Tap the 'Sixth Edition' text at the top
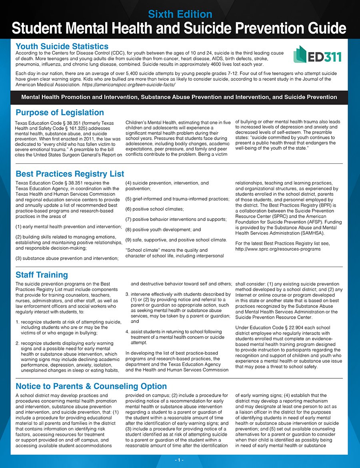click(x=180, y=14)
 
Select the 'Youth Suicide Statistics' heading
click(x=62, y=46)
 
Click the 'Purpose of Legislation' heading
click(x=60, y=112)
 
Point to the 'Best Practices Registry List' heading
click(x=70, y=174)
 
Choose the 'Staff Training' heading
click(x=42, y=275)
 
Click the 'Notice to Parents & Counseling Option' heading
click(x=91, y=386)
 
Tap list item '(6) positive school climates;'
click(x=155, y=209)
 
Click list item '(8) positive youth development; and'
click(x=163, y=229)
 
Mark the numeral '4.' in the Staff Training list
click(x=127, y=332)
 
